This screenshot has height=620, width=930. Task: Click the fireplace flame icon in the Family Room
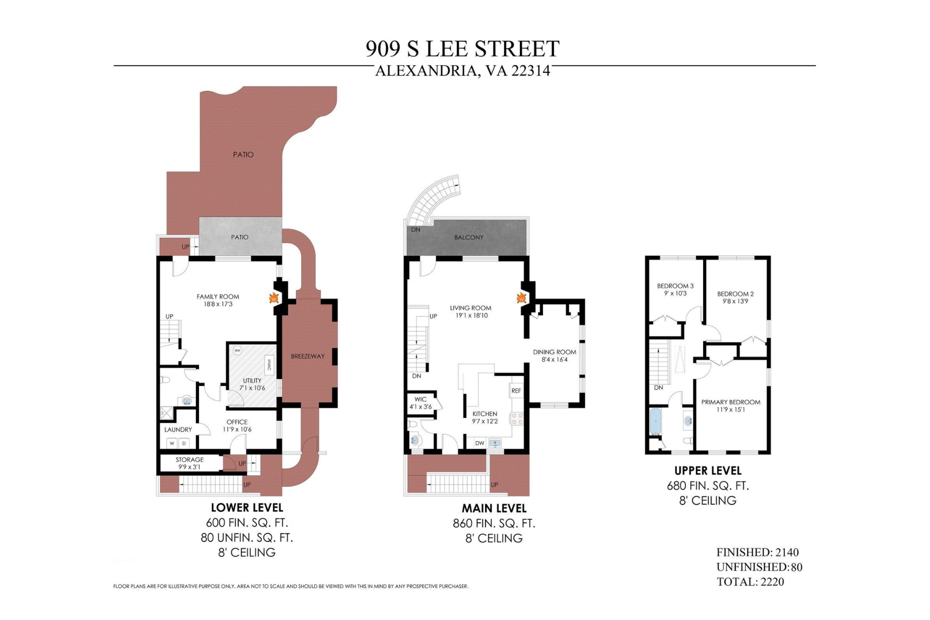pos(274,298)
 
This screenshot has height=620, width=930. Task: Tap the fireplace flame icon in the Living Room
pos(521,298)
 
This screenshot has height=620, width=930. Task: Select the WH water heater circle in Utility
pos(237,350)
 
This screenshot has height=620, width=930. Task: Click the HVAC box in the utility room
pos(269,365)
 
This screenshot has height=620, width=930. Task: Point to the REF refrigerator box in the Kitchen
pos(516,391)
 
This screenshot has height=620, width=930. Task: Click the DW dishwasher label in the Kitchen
pos(479,443)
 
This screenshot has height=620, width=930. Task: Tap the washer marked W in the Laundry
pos(172,443)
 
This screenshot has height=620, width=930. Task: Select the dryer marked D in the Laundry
pos(184,443)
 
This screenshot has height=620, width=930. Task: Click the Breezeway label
pos(307,356)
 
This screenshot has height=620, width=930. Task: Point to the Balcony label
pos(469,237)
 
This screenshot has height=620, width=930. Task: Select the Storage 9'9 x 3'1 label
pos(190,463)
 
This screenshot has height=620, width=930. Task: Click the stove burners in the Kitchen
pos(517,419)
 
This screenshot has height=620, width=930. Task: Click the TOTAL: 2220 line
pos(750,582)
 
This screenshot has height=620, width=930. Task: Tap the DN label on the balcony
pos(415,229)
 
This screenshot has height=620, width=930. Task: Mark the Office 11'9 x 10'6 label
pos(237,425)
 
